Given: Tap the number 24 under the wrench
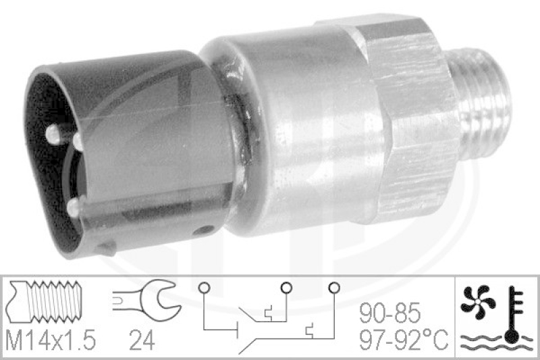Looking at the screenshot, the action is [142, 340].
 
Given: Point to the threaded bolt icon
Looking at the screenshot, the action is [45, 301].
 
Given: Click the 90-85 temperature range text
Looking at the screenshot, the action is [390, 313].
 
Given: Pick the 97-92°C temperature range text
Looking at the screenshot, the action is [404, 339].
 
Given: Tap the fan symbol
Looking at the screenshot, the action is [478, 301].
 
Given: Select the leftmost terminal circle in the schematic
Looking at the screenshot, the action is [204, 287].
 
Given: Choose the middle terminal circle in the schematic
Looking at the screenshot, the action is [286, 287].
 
